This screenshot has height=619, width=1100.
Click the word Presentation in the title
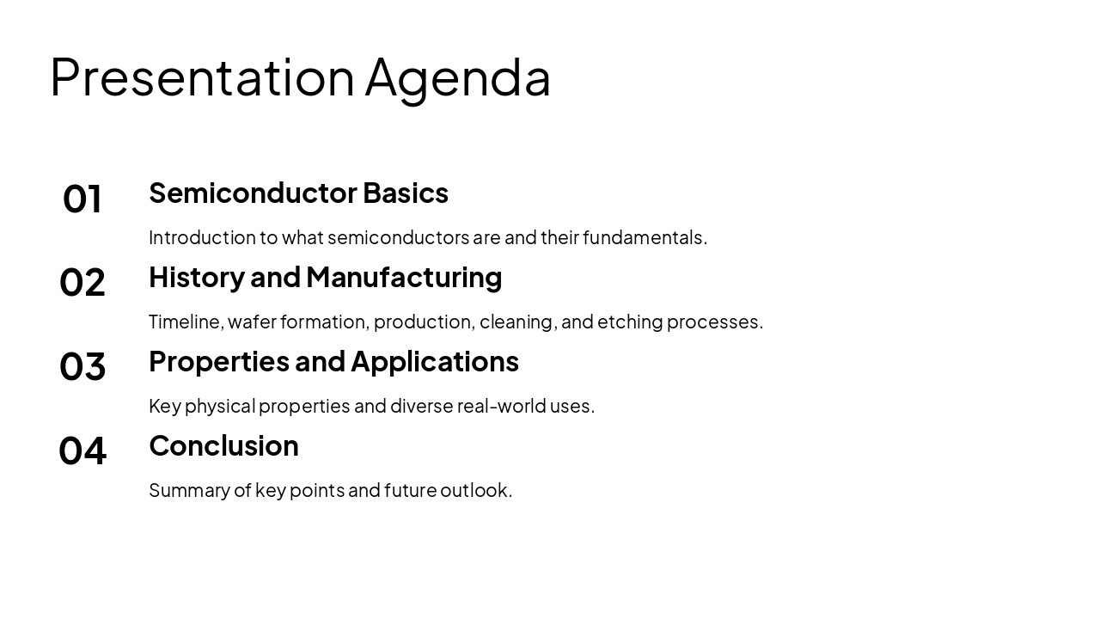[x=202, y=77]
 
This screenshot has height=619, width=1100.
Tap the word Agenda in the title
[x=458, y=80]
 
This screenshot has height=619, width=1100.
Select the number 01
[x=82, y=199]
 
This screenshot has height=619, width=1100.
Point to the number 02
[x=82, y=283]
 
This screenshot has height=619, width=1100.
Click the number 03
[x=82, y=366]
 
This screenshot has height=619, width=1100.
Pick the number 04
[x=82, y=450]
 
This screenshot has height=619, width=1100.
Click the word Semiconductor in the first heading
[x=253, y=193]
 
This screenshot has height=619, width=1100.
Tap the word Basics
[x=406, y=193]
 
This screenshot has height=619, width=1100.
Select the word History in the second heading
[x=197, y=278]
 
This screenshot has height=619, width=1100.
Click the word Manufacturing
[x=404, y=278]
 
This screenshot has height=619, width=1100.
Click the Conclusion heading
[x=224, y=446]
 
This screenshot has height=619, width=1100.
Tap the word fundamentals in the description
[x=645, y=238]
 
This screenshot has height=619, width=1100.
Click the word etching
[x=630, y=322]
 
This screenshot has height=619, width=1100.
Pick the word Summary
[x=190, y=491]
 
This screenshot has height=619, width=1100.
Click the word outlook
[x=476, y=490]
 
